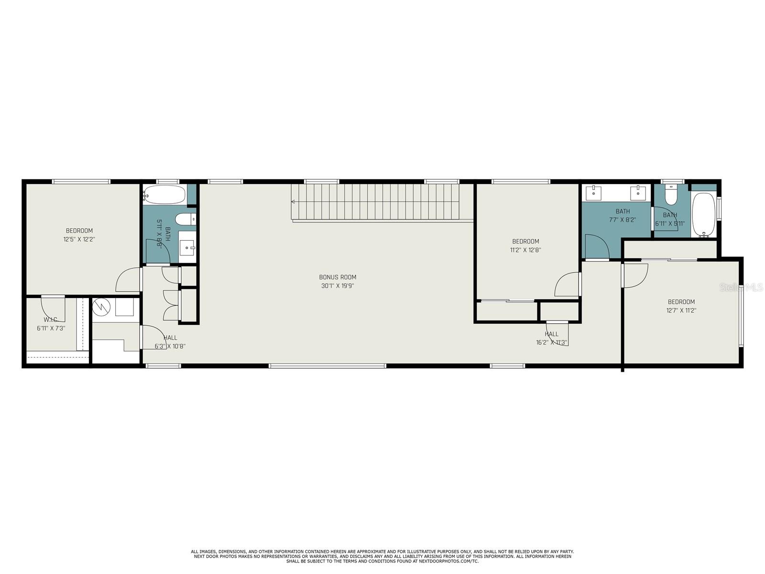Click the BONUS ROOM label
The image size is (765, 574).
(338, 277)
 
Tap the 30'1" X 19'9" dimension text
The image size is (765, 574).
(338, 286)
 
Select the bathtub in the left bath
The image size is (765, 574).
(164, 195)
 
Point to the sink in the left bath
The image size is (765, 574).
(187, 248)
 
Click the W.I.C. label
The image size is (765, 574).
(50, 320)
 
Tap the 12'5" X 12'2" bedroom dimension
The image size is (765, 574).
(79, 239)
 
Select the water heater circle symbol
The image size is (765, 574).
(101, 307)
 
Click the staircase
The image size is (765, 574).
(375, 202)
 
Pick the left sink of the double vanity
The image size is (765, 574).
(596, 193)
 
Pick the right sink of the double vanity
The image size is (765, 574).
(638, 193)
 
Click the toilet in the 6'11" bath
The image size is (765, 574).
(672, 196)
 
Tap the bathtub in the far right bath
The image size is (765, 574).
(703, 214)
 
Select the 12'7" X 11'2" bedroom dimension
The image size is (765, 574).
(681, 310)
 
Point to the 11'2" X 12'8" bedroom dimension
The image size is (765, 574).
(525, 250)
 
